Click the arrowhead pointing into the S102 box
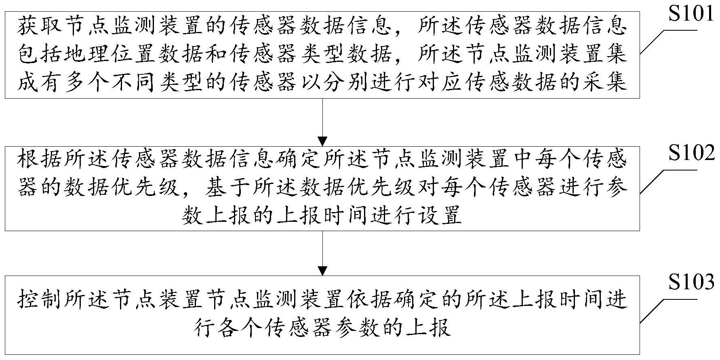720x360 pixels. coord(322,141)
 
